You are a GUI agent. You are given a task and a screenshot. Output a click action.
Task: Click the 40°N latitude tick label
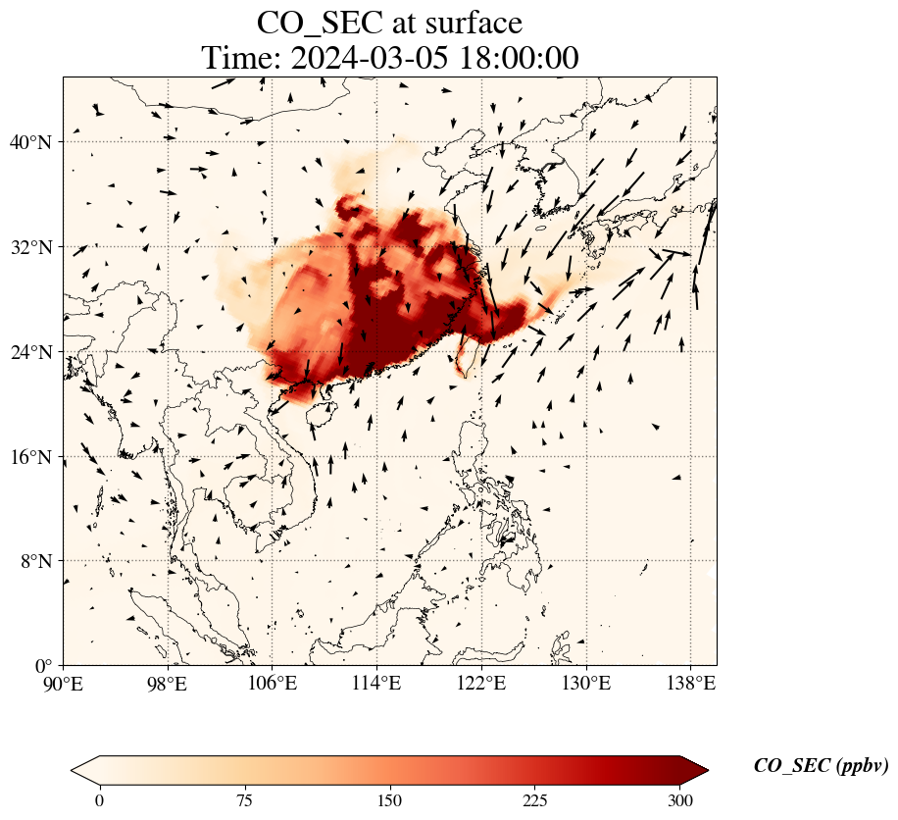click(31, 142)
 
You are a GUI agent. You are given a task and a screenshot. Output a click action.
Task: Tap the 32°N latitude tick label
click(31, 247)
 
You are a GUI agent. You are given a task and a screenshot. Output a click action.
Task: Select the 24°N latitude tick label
click(31, 352)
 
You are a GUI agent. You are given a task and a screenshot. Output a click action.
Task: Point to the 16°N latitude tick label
click(31, 457)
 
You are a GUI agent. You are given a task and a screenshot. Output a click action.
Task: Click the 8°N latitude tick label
click(36, 561)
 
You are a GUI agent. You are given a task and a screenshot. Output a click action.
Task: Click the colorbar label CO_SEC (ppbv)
click(821, 767)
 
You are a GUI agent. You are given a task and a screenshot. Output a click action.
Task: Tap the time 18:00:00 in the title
click(519, 58)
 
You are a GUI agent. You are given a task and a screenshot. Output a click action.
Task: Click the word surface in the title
click(467, 23)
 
